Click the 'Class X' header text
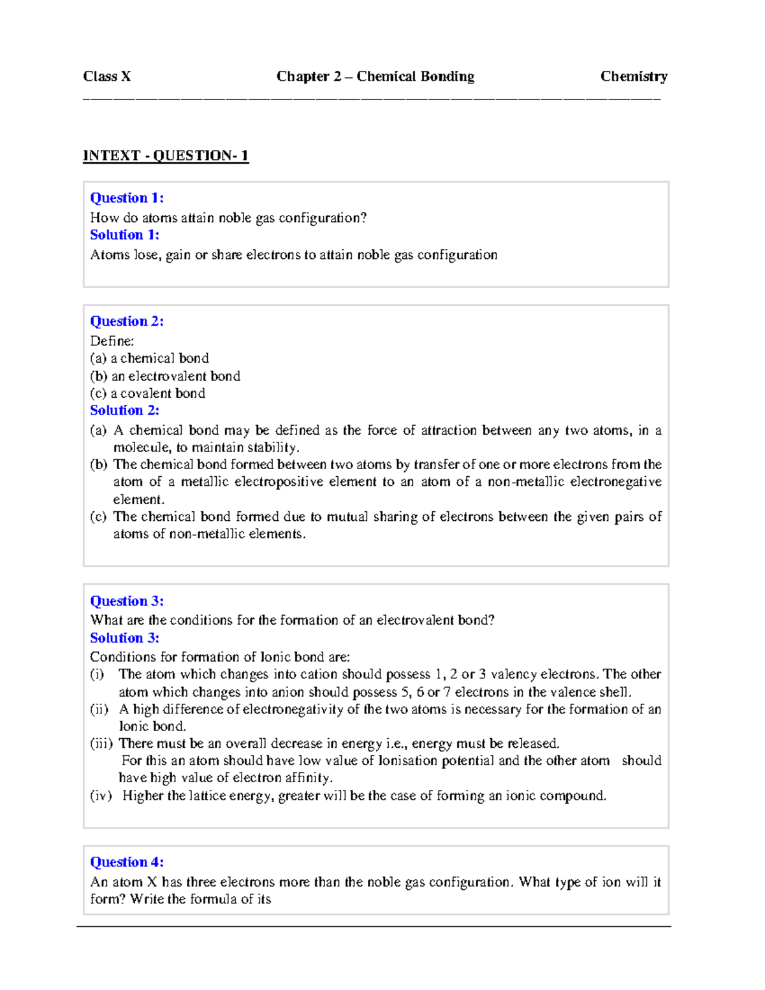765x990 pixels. (106, 76)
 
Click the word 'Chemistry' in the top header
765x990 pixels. (633, 76)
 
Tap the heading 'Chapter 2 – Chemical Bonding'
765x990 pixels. (375, 76)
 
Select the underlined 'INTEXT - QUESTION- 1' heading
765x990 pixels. (165, 156)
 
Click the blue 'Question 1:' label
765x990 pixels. (126, 198)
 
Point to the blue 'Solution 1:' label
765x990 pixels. (124, 235)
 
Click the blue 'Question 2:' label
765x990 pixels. (126, 321)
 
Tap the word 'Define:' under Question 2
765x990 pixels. (112, 341)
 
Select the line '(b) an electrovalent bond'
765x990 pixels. (164, 376)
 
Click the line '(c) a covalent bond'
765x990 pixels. (147, 393)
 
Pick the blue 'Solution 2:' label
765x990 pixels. (124, 411)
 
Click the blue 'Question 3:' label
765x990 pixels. (126, 601)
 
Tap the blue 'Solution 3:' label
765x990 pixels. (124, 638)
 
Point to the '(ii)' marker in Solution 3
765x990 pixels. (99, 710)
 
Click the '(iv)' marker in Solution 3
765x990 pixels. (100, 796)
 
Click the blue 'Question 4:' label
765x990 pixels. (126, 862)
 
